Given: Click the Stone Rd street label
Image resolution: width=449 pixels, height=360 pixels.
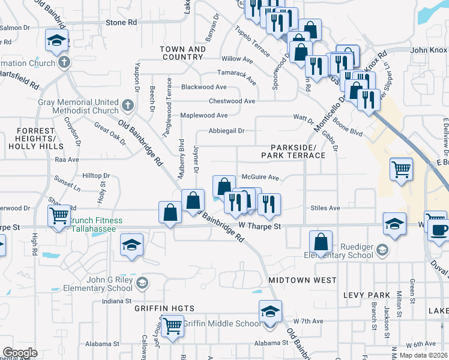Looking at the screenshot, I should coord(121,22).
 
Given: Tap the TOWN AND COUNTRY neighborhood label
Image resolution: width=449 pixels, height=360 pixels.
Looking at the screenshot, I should coord(182,53).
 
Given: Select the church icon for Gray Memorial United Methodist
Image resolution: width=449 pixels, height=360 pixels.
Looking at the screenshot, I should coord(127,106).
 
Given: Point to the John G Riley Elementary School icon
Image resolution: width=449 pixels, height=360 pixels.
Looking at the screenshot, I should coord(142,283).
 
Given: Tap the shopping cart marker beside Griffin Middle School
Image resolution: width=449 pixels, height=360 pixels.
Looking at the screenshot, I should coord(172,327).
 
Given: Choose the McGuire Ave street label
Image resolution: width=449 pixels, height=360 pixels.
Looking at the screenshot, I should coord(261,178).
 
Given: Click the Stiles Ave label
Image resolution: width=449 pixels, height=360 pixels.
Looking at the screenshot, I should coord(325,208).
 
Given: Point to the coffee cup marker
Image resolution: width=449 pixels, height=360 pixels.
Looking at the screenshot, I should coord(439,230).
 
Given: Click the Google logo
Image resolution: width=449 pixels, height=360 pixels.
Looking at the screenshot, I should coord(20,353).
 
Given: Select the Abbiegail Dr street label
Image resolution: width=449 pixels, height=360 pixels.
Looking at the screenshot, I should coord(226,131).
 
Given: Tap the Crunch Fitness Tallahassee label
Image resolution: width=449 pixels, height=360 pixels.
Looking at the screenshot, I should coord(96,225).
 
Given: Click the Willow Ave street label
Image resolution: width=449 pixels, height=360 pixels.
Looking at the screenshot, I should coord(237,59).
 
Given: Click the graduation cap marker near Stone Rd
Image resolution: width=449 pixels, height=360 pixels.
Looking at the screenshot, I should coord(57,41).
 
